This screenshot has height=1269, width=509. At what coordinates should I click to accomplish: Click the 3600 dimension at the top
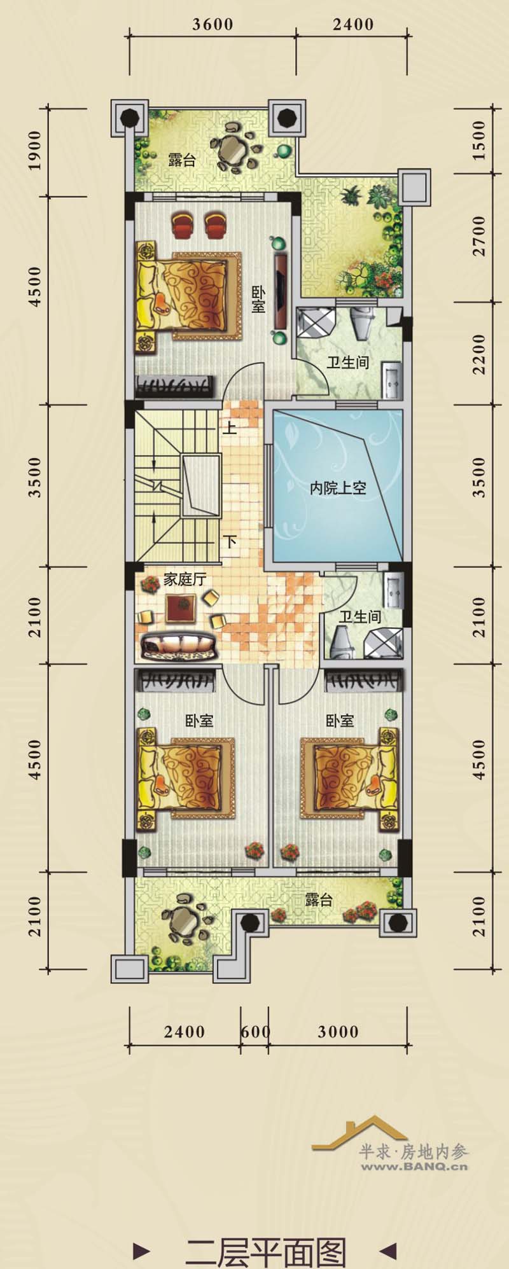pos(213,24)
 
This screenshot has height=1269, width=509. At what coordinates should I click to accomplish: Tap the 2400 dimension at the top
pos(353,24)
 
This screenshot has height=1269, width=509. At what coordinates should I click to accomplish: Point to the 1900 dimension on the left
pos(34,150)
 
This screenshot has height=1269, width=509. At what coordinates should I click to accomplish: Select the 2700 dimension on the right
pos(479,236)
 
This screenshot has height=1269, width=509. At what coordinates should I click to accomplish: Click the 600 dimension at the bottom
pos(255,1031)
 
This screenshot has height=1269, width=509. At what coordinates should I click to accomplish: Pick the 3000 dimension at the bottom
pos(338,1031)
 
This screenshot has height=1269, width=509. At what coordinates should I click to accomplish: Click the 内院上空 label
pos(338,488)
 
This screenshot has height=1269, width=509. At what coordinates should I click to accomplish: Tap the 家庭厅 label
pos(185,579)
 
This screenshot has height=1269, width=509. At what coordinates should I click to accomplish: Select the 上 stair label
pos(230,427)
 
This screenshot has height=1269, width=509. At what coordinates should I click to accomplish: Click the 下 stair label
pos(230,542)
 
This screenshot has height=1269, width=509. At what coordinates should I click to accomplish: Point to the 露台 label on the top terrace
pos(182,159)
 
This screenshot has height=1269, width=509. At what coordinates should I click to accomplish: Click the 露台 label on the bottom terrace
pos(318,900)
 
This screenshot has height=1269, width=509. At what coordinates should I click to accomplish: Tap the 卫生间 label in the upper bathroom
pos(348,363)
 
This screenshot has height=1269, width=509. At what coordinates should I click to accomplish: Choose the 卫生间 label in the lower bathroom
pos(360,616)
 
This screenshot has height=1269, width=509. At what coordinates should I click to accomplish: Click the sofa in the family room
pos(179,646)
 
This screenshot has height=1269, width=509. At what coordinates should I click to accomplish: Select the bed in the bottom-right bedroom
pos(349,778)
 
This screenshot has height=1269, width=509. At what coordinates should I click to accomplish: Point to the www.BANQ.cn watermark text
pos(414,1166)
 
